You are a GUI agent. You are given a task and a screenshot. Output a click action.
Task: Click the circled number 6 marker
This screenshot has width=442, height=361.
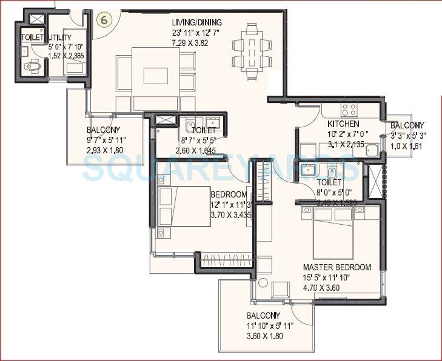(x=104, y=19)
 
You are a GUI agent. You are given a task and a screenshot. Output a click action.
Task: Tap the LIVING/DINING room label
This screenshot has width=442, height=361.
(x=196, y=22)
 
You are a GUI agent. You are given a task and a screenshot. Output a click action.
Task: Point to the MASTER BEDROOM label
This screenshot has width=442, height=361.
(x=337, y=267)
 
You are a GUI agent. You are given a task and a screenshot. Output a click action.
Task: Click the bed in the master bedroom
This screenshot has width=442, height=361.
(x=337, y=233)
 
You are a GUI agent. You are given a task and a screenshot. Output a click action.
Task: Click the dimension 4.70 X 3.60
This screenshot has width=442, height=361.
(x=324, y=289)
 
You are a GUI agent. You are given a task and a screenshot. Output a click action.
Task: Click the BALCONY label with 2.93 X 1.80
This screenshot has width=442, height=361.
(x=104, y=130)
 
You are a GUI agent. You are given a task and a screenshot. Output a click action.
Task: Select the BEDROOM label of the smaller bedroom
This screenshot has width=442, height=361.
(x=229, y=194)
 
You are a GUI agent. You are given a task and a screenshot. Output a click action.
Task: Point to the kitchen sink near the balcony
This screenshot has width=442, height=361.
(x=372, y=152)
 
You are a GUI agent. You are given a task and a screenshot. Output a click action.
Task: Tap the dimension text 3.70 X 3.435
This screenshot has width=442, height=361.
(x=230, y=215)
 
